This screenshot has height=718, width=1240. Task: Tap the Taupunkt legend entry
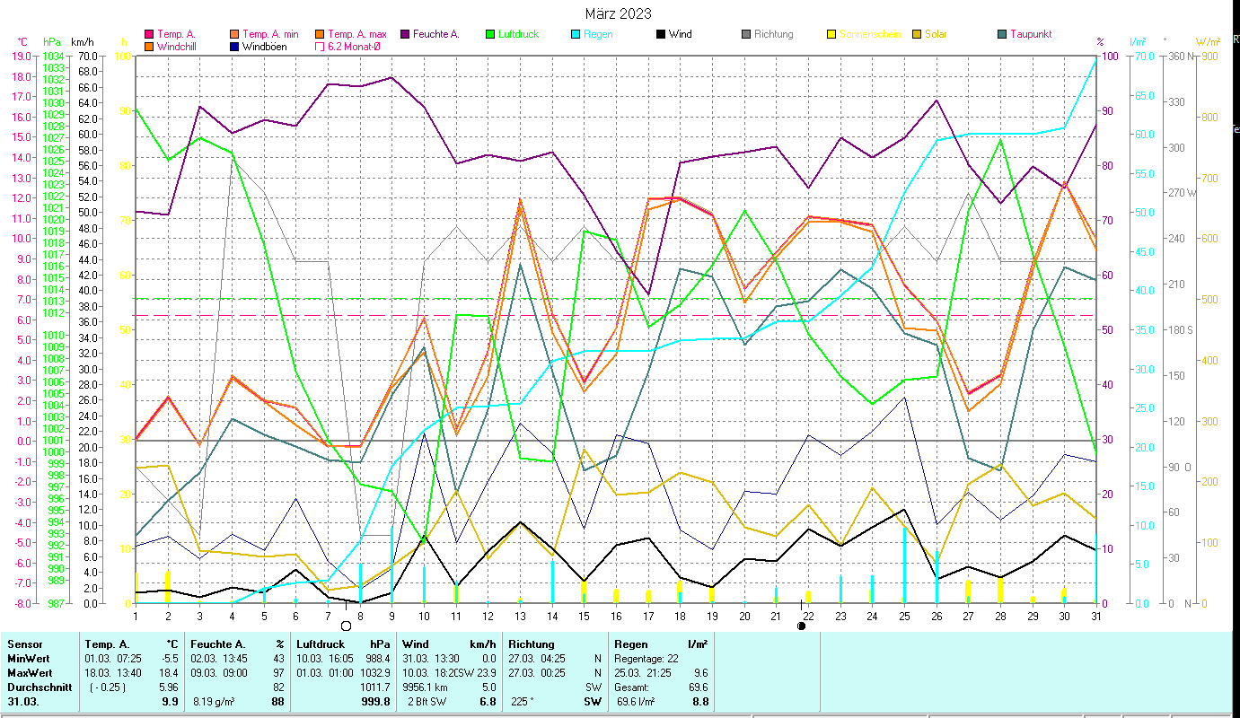pyautogui.click(x=1030, y=34)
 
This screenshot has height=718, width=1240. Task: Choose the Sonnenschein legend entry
pyautogui.click(x=869, y=34)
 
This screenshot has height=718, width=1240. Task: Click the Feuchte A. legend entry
pyautogui.click(x=435, y=34)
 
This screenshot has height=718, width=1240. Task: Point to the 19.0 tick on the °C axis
pyautogui.click(x=20, y=56)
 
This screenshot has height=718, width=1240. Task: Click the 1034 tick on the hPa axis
pyautogui.click(x=53, y=56)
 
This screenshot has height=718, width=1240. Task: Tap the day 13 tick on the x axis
pyautogui.click(x=520, y=615)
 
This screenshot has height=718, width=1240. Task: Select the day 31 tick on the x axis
pyautogui.click(x=1095, y=615)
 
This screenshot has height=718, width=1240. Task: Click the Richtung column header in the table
pyautogui.click(x=532, y=644)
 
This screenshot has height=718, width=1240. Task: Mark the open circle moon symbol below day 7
pyautogui.click(x=346, y=626)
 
